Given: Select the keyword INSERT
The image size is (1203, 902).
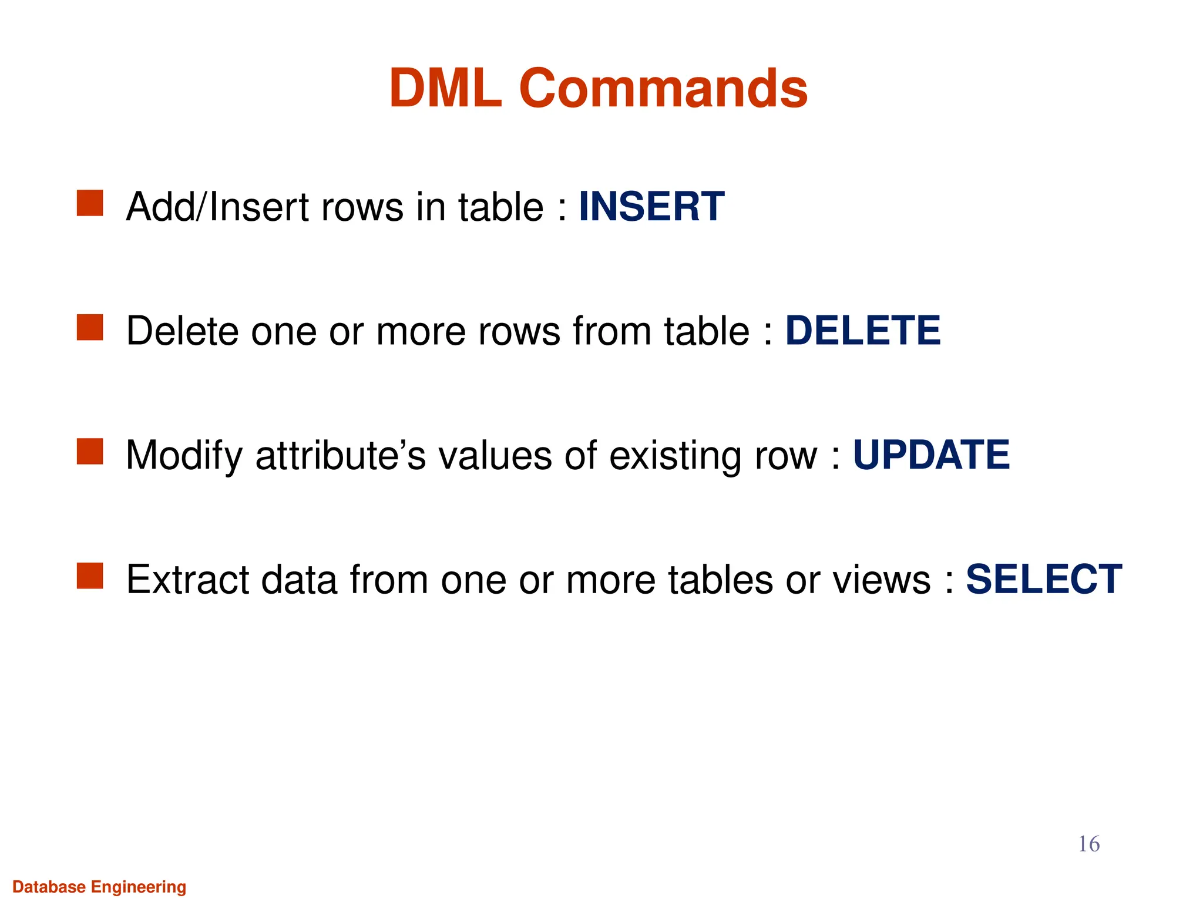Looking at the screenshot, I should coord(651,207).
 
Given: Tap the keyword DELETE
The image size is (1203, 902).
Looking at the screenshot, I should coord(862,331).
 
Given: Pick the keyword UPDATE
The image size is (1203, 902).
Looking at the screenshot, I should coord(931,455).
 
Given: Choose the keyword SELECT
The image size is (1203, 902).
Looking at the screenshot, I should coord(1044,580).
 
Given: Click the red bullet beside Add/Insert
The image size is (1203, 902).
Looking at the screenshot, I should coord(90,203).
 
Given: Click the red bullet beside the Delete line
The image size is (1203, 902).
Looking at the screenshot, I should coord(90,327).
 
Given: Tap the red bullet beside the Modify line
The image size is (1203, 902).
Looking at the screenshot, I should coord(90,452).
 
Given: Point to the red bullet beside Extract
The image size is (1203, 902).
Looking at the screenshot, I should coord(90,575).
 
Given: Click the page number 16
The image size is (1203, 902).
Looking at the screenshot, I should coord(1088,844).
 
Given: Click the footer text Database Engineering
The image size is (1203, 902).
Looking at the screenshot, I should coord(99,887).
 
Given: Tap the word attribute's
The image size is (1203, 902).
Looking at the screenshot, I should coord(341,456).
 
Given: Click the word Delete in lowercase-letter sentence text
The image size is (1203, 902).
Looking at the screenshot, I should coord(182,331).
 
